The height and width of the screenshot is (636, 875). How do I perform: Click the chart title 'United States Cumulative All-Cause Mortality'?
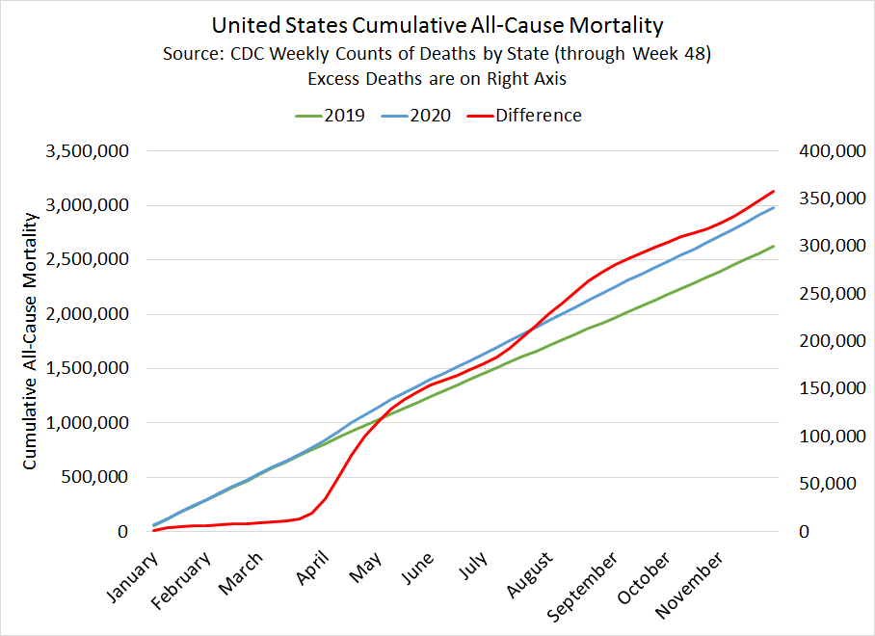click(x=437, y=24)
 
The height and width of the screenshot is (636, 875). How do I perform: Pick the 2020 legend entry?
click(x=431, y=116)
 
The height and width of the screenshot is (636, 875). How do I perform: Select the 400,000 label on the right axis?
click(x=825, y=151)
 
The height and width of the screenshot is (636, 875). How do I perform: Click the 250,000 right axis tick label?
click(x=825, y=294)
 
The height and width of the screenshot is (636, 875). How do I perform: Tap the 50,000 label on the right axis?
click(x=830, y=484)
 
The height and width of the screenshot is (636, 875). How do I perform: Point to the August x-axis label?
click(x=531, y=572)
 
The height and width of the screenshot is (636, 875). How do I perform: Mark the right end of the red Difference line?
click(x=774, y=191)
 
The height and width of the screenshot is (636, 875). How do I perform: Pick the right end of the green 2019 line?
click(x=774, y=246)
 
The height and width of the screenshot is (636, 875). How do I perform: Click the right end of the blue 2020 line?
click(x=774, y=207)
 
